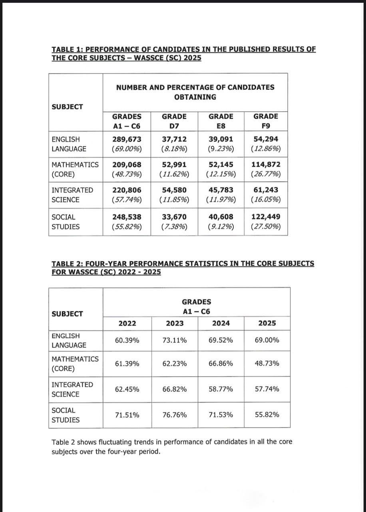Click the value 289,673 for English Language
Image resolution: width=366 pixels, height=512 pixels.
coord(127,139)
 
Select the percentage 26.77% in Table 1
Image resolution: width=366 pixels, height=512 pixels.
coord(266,174)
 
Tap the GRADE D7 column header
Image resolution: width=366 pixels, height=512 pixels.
coord(174,121)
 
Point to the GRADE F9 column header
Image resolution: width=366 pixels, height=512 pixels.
coord(266,121)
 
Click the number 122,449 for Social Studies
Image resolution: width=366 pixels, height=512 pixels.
coord(266,217)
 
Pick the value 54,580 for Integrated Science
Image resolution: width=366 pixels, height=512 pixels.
coord(174,190)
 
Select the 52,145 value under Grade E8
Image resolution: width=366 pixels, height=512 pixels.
coord(221,164)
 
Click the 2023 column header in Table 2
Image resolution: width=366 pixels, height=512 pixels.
coord(175,323)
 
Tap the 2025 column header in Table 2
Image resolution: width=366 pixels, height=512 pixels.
coord(267,323)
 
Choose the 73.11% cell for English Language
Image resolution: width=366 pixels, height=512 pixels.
coord(175,340)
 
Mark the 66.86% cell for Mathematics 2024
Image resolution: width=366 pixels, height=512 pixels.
coord(221,364)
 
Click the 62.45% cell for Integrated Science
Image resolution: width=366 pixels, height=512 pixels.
coord(127,389)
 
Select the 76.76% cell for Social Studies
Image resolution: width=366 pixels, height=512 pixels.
coord(175,415)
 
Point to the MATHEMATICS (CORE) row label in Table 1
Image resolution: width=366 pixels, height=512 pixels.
coord(75,169)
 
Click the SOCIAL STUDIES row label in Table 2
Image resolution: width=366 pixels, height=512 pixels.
coord(66,415)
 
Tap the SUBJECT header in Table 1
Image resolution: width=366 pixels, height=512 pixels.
coord(68,107)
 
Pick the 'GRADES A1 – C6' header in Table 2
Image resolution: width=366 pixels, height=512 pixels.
coord(197,306)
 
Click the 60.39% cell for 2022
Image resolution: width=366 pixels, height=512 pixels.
coord(127,340)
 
